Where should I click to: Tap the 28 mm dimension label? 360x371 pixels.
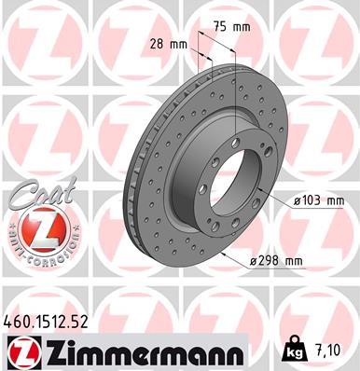171,44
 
